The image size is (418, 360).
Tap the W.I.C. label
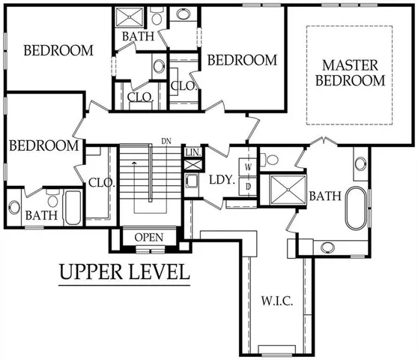pyautogui.click(x=276, y=301)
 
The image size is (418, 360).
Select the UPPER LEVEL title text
pyautogui.click(x=124, y=271)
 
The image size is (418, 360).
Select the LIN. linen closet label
pyautogui.click(x=193, y=152)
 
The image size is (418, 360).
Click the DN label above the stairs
pyautogui.click(x=166, y=141)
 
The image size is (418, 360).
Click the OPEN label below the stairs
pyautogui.click(x=148, y=238)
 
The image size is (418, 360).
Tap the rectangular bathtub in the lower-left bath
pyautogui.click(x=73, y=208)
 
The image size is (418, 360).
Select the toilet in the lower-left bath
pyautogui.click(x=52, y=199)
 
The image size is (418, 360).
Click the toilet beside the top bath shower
pyautogui.click(x=157, y=15)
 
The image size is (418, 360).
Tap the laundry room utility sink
pyautogui.click(x=190, y=181)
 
